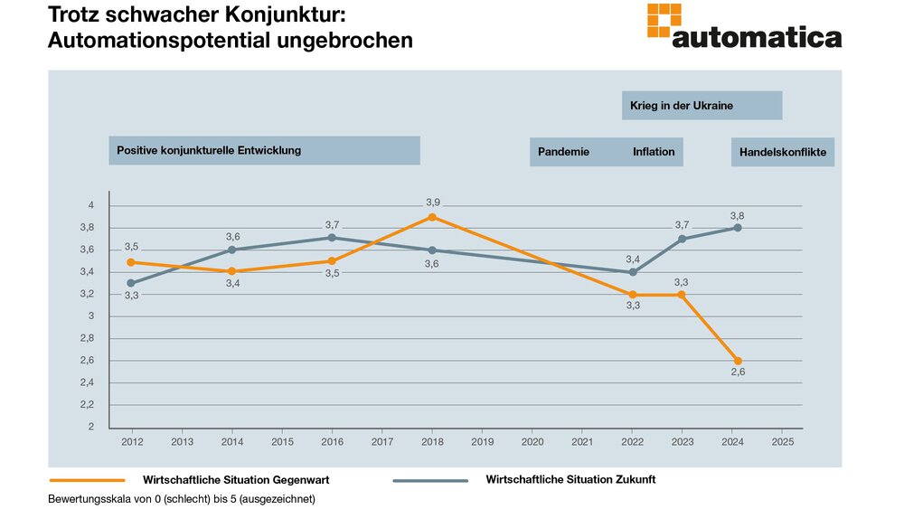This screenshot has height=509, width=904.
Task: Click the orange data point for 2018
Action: (432, 217)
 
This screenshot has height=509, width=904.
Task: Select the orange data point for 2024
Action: (738, 361)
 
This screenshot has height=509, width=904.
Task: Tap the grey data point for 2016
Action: (332, 238)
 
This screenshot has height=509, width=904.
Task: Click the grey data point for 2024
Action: (738, 228)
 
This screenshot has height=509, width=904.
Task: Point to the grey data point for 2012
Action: (132, 283)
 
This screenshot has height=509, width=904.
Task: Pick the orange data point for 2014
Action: (232, 271)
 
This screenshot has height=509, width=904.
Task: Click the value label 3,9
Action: (432, 202)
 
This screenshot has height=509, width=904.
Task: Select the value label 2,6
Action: (738, 372)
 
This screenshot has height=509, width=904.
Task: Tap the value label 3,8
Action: (738, 215)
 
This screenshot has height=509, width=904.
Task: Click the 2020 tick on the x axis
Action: (532, 442)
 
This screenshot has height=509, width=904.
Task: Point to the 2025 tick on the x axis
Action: (783, 442)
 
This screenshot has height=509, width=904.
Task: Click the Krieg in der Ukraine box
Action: (702, 106)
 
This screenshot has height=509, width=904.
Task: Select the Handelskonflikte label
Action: (782, 152)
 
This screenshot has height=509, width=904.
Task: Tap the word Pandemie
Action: (563, 152)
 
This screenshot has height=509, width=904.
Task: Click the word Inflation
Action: (654, 152)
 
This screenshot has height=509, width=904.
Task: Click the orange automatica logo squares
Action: (664, 21)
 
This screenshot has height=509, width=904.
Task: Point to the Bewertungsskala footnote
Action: (181, 498)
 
